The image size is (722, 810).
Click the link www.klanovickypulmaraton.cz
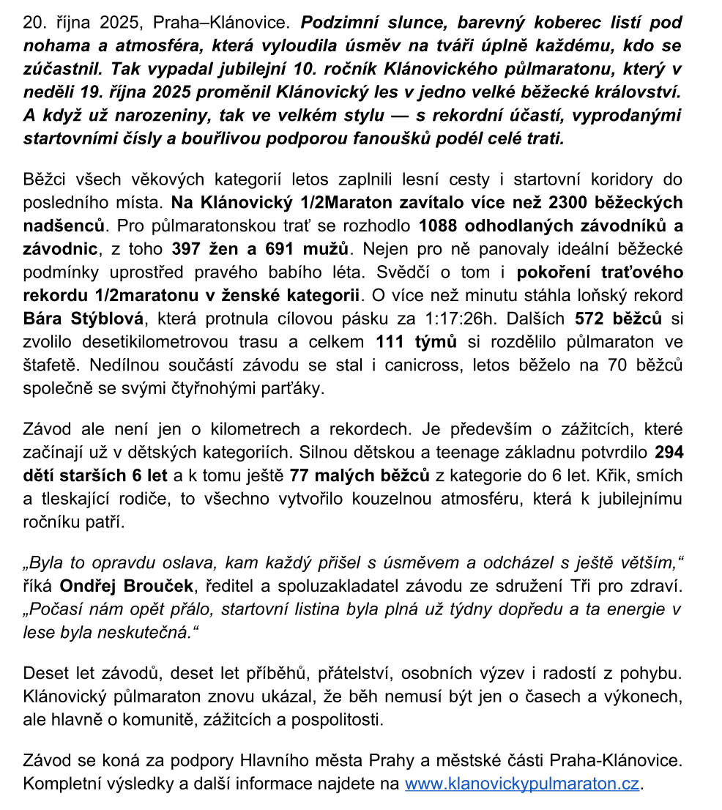click(x=523, y=784)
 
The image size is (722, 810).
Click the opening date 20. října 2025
click(x=79, y=23)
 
